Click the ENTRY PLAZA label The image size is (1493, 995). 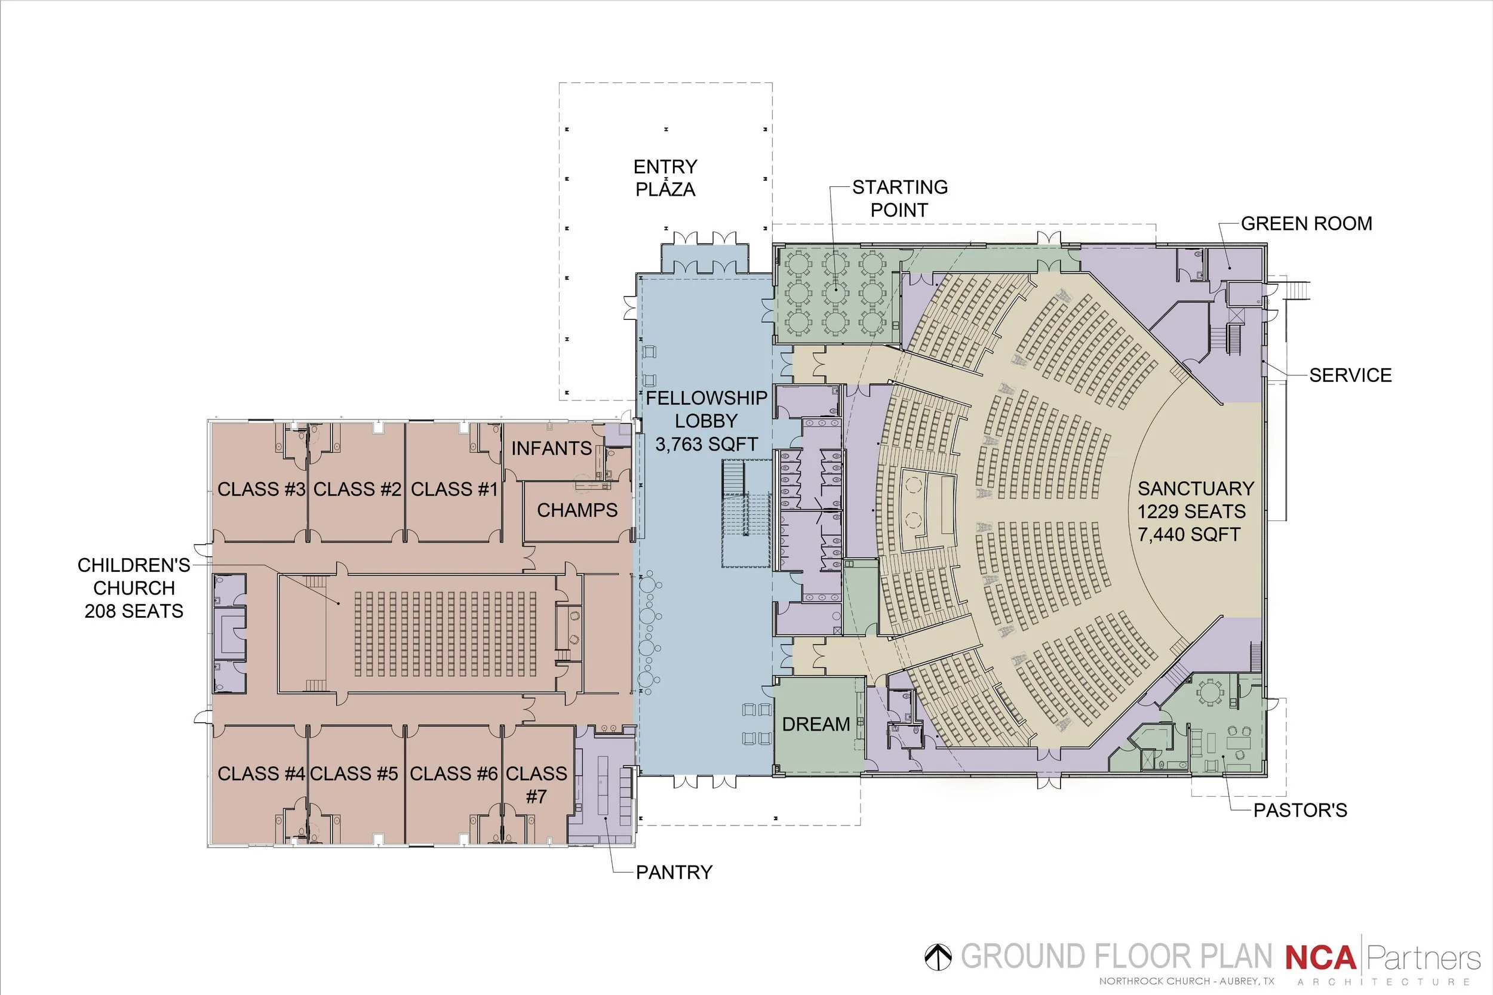[x=665, y=178]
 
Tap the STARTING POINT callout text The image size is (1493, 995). [x=899, y=199]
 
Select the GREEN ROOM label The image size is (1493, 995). [x=1307, y=223]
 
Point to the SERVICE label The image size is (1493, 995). [x=1351, y=375]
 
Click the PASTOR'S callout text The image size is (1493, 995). [x=1300, y=811]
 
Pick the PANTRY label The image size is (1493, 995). [x=674, y=873]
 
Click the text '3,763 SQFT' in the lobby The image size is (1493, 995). [x=706, y=444]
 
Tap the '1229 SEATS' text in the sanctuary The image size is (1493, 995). [x=1191, y=512]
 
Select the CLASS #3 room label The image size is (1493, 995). [x=262, y=489]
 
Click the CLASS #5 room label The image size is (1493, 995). [x=354, y=774]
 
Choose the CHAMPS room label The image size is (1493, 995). [x=577, y=510]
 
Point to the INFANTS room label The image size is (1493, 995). [x=552, y=449]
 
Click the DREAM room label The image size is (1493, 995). [x=816, y=724]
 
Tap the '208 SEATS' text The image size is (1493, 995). [x=134, y=611]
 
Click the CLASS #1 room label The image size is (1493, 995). [x=454, y=489]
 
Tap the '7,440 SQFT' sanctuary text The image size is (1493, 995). [x=1189, y=535]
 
